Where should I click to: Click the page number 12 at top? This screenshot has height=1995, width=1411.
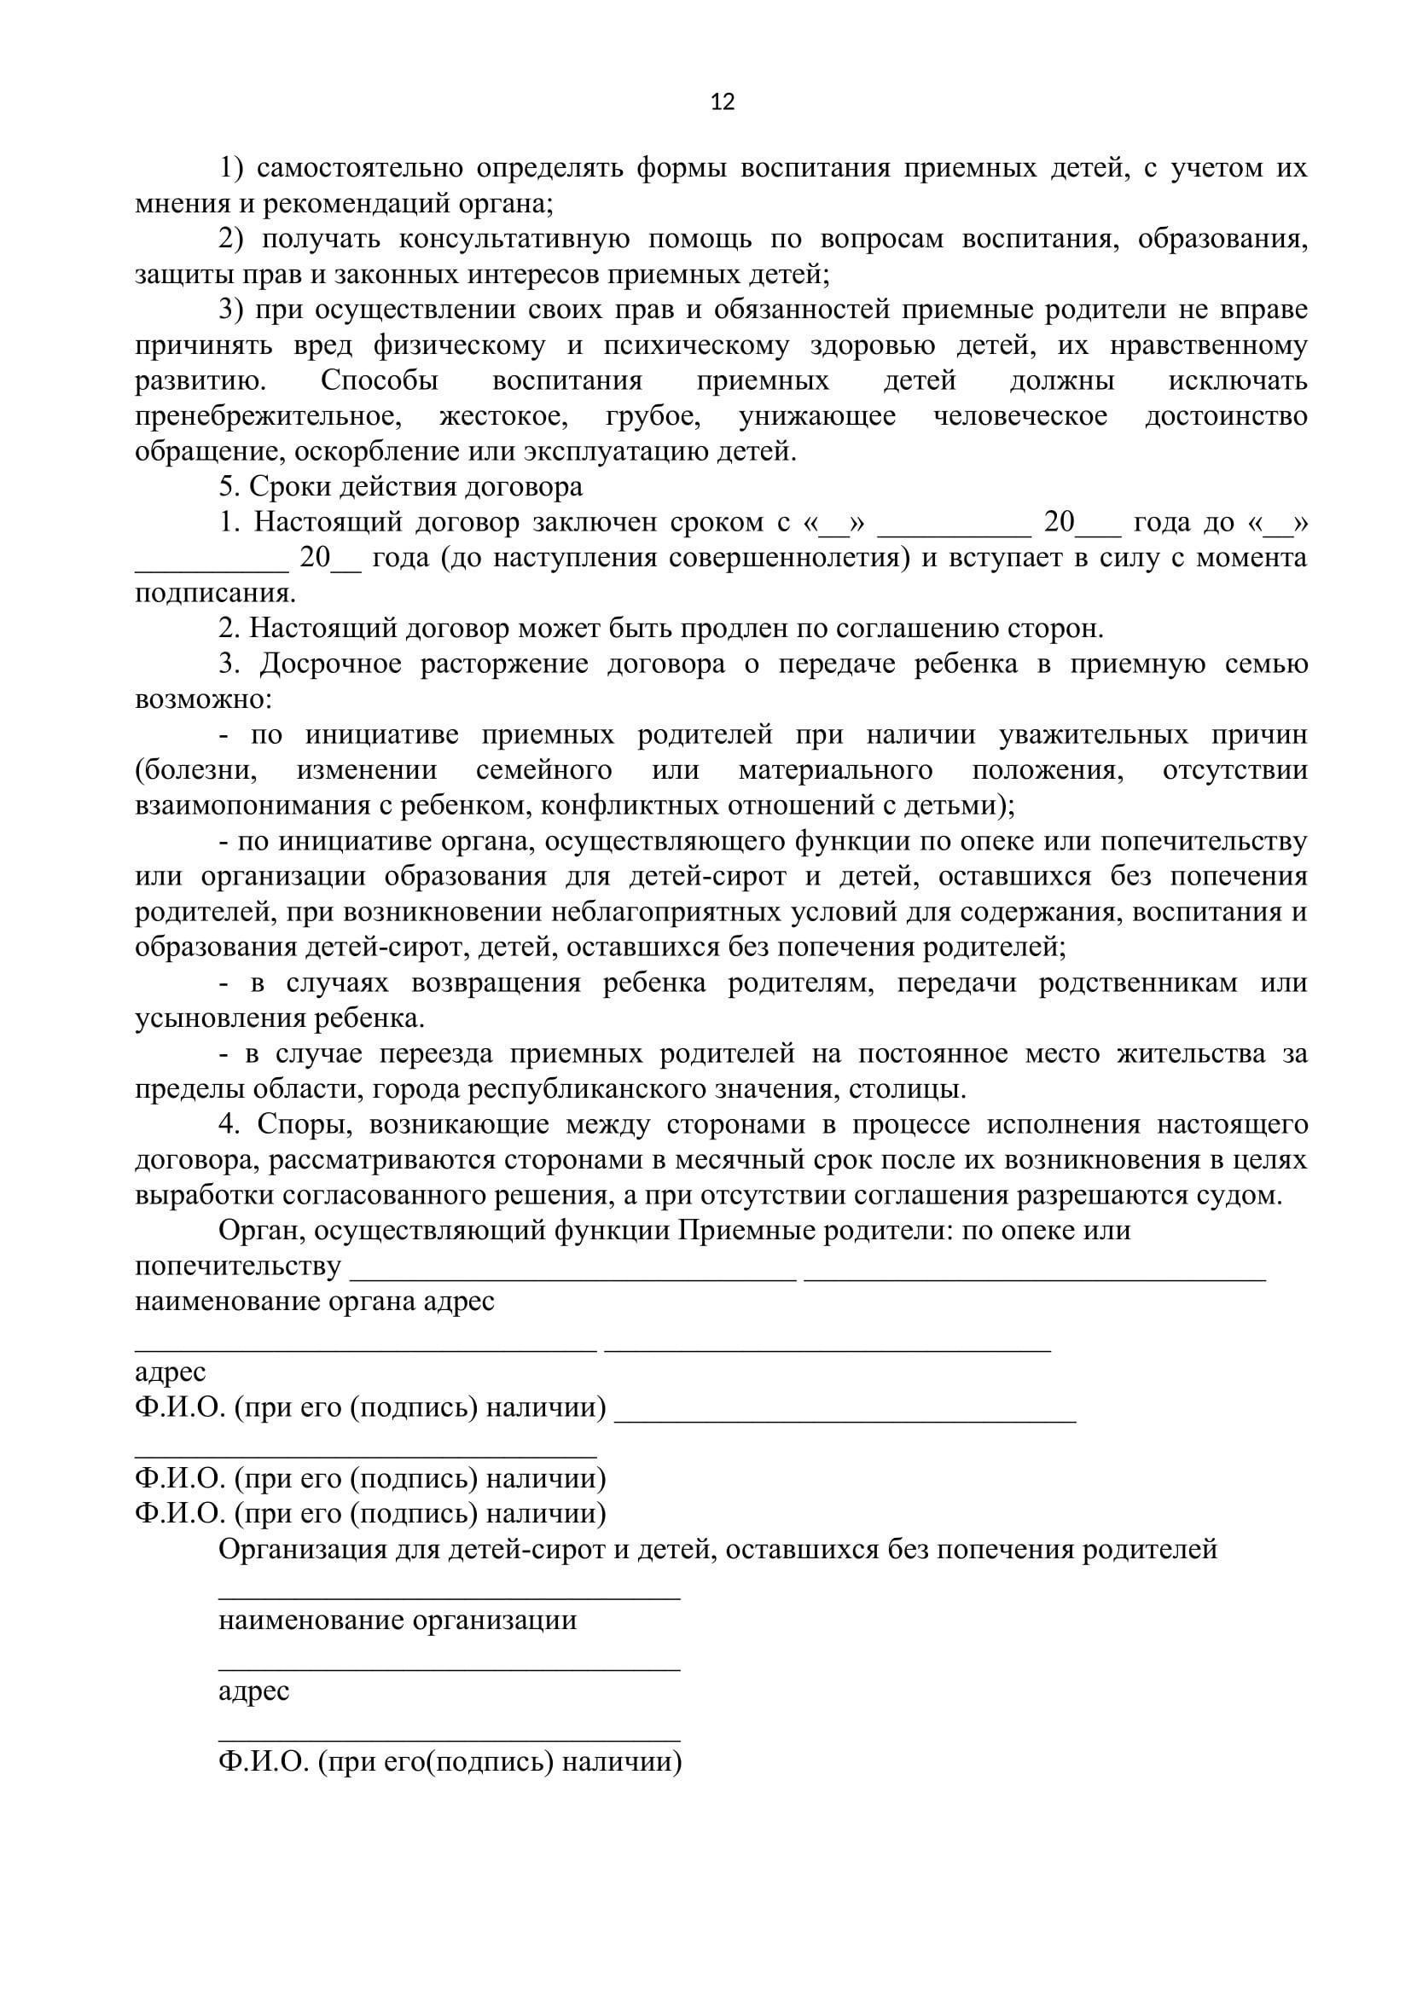coord(722,102)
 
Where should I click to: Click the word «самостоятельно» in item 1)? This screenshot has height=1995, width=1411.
coord(358,168)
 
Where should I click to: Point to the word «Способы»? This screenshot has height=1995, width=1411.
coord(380,381)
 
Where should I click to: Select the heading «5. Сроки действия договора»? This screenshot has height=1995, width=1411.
coord(401,488)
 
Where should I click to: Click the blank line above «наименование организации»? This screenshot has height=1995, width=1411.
coord(450,1596)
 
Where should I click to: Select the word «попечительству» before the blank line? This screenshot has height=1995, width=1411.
coord(238,1267)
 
